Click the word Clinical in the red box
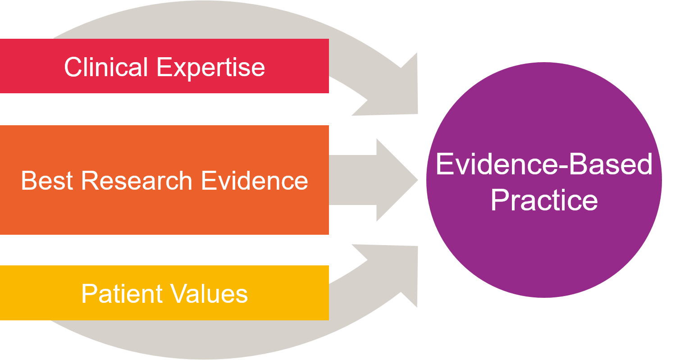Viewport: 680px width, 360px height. (x=106, y=67)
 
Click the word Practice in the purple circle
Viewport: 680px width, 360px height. (x=544, y=201)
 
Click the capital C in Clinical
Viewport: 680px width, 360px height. (x=73, y=67)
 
